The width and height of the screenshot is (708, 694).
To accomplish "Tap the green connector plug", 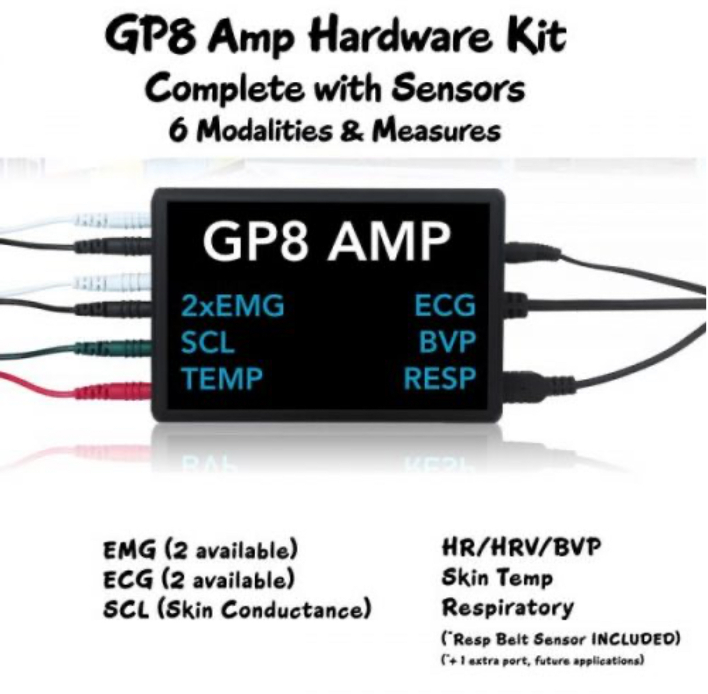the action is (x=114, y=348).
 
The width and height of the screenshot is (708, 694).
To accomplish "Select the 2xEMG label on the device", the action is (x=233, y=306).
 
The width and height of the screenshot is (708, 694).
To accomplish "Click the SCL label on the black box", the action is (x=208, y=342).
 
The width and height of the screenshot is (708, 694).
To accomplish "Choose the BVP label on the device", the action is (x=447, y=342).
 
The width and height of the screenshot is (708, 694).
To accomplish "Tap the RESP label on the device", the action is (x=440, y=379).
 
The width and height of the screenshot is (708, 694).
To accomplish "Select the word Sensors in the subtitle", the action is (x=458, y=88).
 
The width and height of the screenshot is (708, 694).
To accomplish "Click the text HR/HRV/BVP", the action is (x=521, y=546).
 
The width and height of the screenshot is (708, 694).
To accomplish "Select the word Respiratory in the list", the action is (x=507, y=608).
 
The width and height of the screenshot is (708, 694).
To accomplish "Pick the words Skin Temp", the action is (x=497, y=578).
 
